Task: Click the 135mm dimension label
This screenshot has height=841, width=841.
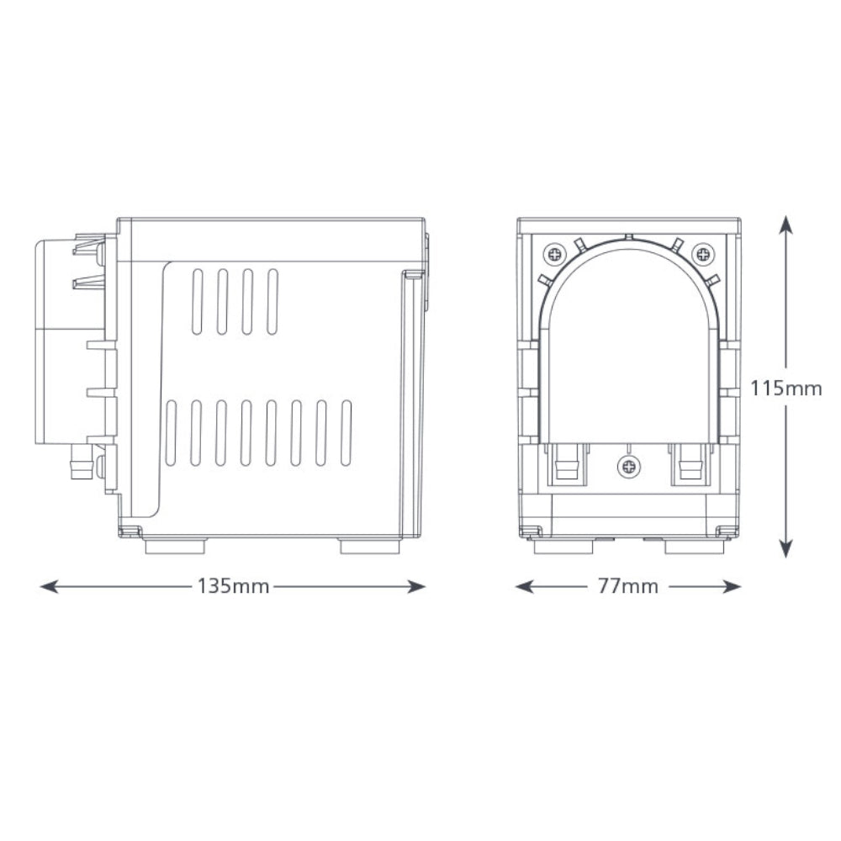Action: pos(233,586)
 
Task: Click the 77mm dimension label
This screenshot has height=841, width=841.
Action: pos(627,586)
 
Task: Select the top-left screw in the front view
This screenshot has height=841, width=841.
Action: pos(554,252)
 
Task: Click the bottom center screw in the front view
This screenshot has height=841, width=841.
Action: pos(627,466)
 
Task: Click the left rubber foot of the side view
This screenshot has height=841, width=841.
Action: pos(175,547)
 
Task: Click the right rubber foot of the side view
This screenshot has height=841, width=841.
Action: pos(370,547)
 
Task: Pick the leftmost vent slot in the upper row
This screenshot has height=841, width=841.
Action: pos(198,302)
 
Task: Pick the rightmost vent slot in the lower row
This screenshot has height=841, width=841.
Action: pos(346,433)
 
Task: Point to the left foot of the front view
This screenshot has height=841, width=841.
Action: pos(563,547)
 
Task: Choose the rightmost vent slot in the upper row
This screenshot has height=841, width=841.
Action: pos(272,302)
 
